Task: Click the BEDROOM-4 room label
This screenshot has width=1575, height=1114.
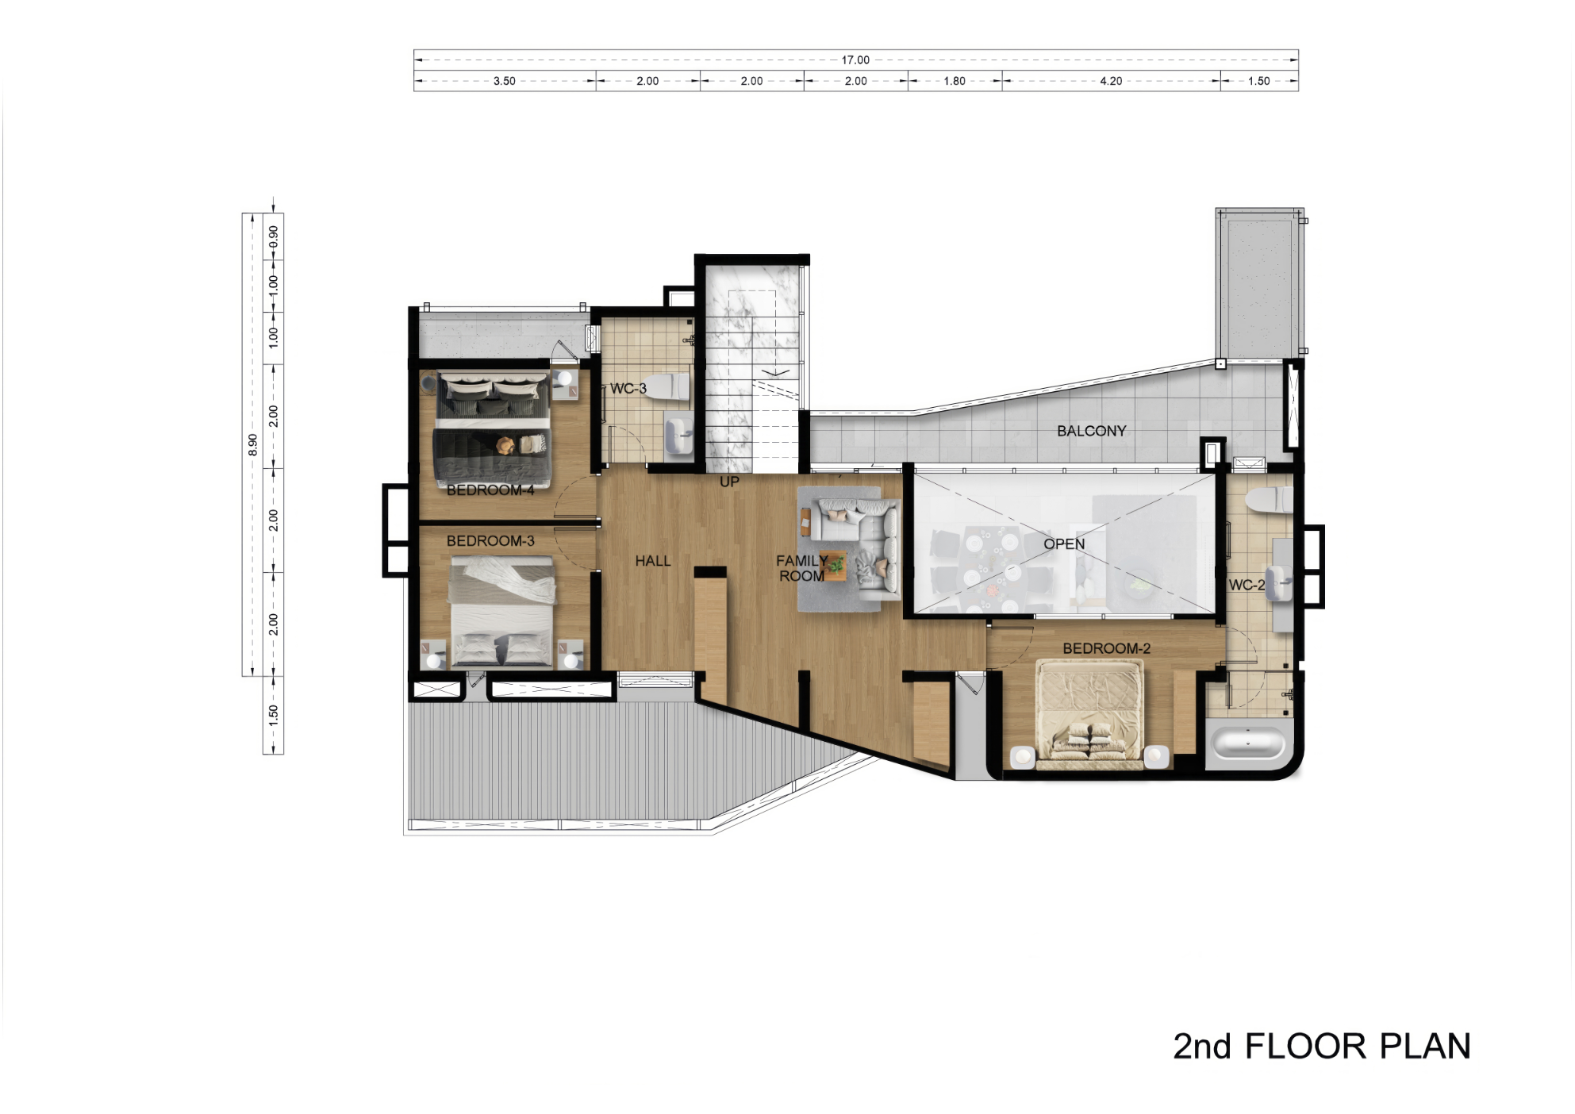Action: [x=490, y=490]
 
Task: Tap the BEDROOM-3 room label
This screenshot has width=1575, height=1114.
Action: [x=490, y=541]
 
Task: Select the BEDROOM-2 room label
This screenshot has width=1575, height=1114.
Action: [x=1106, y=649]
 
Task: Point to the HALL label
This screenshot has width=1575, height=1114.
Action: [x=653, y=561]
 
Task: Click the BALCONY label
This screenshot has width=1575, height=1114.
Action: [x=1091, y=431]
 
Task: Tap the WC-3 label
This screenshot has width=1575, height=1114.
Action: [x=628, y=389]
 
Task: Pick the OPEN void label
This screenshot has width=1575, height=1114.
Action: [x=1064, y=544]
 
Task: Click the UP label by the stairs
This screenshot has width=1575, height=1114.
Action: [x=729, y=482]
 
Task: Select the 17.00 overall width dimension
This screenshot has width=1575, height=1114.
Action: [x=855, y=60]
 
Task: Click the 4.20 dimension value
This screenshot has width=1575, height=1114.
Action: [x=1111, y=81]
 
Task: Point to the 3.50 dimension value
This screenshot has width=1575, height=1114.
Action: [x=505, y=81]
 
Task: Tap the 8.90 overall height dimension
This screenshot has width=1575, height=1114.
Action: [x=253, y=444]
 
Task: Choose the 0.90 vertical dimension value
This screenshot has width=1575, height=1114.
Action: [x=274, y=237]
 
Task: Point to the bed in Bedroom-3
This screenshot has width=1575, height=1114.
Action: [x=501, y=611]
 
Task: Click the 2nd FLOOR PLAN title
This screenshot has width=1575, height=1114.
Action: [x=1322, y=1047]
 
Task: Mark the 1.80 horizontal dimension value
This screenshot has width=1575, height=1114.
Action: [x=955, y=81]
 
